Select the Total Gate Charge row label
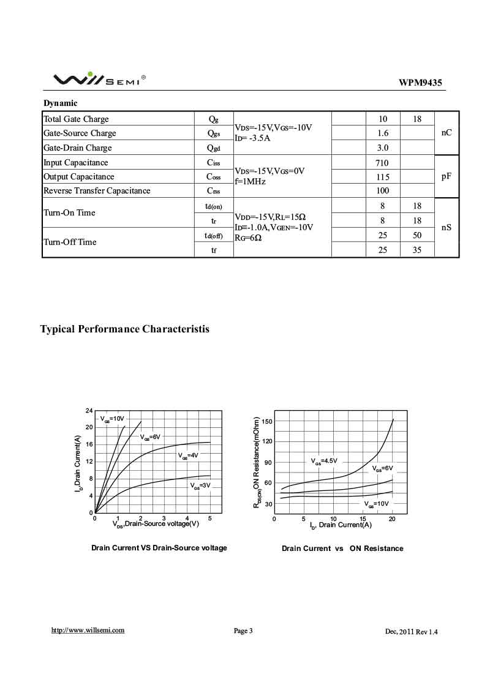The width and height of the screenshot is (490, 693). [x=76, y=119]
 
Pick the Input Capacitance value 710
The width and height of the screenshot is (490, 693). [x=382, y=163]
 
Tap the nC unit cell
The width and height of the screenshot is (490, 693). [x=446, y=133]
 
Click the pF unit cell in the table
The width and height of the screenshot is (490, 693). [x=446, y=176]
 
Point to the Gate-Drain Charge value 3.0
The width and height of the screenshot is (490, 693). [x=382, y=148]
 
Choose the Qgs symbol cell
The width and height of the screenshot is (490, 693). [x=213, y=133]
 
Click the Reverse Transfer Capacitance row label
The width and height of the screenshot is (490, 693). [x=97, y=190]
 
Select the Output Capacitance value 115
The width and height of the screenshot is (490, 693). [x=382, y=176]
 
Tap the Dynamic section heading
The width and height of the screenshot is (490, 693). [x=60, y=103]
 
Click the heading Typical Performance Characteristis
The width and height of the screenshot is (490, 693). [x=125, y=329]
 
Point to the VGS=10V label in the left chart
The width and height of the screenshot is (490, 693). [x=112, y=418]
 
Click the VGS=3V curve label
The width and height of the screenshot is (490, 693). [x=200, y=485]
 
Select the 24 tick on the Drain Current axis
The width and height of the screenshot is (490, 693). [x=89, y=410]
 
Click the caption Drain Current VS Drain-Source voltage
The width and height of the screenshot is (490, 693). [x=159, y=548]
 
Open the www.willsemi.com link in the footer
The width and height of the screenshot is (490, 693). [x=88, y=630]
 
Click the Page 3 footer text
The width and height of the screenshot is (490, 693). [x=243, y=631]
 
